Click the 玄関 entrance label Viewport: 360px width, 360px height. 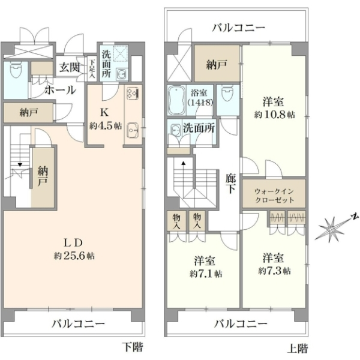point(70,67)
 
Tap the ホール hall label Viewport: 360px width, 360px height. point(61,90)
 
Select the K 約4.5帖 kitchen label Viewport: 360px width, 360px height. point(106,119)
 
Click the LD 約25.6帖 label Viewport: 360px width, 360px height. point(74,249)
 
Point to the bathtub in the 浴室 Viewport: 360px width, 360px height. point(176,100)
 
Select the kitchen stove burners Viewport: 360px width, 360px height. point(133,93)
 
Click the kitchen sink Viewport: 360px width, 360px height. point(133,130)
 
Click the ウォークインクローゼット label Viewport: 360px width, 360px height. point(274,196)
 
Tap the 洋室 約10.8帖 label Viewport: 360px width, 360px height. point(274,108)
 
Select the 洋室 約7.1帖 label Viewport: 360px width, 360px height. point(205,267)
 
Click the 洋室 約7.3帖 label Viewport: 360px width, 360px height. point(274,264)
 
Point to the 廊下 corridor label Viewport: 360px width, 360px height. point(230,183)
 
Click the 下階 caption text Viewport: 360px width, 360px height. point(133,346)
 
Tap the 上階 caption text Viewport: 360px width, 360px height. point(298,348)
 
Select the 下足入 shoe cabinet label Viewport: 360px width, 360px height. point(92,68)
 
